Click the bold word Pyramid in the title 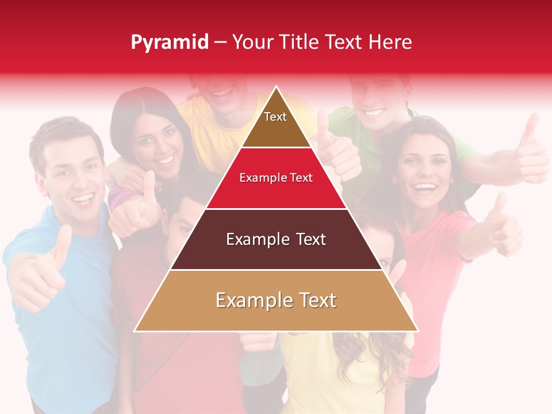(169, 43)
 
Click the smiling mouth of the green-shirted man (374, 112)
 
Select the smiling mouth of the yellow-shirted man (221, 92)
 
